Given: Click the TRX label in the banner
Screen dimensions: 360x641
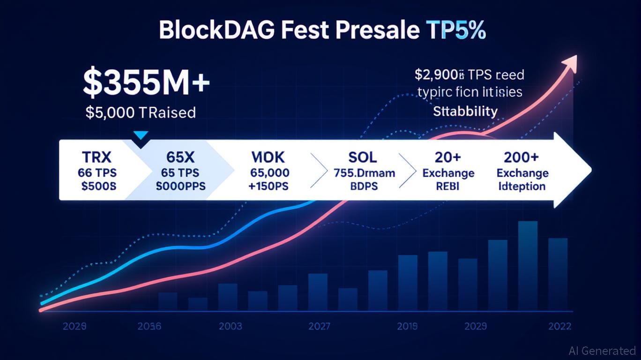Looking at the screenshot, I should click(x=97, y=157).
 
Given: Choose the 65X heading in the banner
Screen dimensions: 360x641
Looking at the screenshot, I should click(x=180, y=157).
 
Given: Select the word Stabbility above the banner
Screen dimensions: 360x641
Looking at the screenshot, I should click(x=465, y=111).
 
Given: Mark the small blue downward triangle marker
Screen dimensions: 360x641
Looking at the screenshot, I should click(x=141, y=135).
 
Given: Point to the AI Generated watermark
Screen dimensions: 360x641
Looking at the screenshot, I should click(x=602, y=351).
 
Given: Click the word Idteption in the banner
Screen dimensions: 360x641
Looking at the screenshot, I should click(x=522, y=186).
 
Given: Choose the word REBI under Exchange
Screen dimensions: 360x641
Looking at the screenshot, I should click(x=448, y=186).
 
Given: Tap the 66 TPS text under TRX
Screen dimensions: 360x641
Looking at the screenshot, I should click(x=97, y=172).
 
